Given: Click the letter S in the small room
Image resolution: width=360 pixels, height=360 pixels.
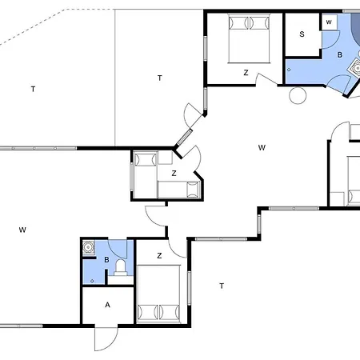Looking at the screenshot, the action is pyautogui.click(x=302, y=34).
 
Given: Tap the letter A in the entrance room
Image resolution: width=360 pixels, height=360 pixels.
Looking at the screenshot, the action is pyautogui.click(x=107, y=305).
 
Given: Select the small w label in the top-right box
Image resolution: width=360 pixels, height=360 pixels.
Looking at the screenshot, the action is pyautogui.click(x=329, y=22).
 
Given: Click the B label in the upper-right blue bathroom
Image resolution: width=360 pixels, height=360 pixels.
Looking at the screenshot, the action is pyautogui.click(x=340, y=54).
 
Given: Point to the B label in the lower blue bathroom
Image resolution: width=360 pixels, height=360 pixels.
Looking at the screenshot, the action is pyautogui.click(x=106, y=260).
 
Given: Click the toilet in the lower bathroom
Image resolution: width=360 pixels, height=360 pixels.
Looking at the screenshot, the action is pyautogui.click(x=121, y=267).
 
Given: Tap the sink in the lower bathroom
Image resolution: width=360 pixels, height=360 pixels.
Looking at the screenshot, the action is pyautogui.click(x=89, y=247).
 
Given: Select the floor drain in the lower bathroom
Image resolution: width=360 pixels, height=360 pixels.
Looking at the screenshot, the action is pyautogui.click(x=92, y=281).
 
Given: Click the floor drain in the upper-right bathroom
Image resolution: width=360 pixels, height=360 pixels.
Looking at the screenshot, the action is pyautogui.click(x=289, y=70).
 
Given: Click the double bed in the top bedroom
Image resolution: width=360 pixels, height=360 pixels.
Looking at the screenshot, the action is pyautogui.click(x=249, y=39).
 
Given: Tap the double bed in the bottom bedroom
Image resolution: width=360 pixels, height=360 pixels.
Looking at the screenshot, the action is pyautogui.click(x=158, y=294).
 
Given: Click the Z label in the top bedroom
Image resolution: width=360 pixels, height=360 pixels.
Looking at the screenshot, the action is pyautogui.click(x=246, y=73).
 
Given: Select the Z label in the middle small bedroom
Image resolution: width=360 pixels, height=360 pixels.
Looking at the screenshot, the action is pyautogui.click(x=174, y=174).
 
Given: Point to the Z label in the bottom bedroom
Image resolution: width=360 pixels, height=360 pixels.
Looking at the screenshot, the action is pyautogui.click(x=159, y=256).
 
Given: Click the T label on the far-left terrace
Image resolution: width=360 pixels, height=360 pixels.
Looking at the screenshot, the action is pyautogui.click(x=33, y=89).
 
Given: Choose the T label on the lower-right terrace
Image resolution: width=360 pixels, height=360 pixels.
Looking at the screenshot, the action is pyautogui.click(x=222, y=286).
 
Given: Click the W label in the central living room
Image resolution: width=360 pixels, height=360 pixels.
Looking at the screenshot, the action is pyautogui.click(x=262, y=147).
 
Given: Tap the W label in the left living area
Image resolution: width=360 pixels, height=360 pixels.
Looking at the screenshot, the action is pyautogui.click(x=22, y=230).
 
